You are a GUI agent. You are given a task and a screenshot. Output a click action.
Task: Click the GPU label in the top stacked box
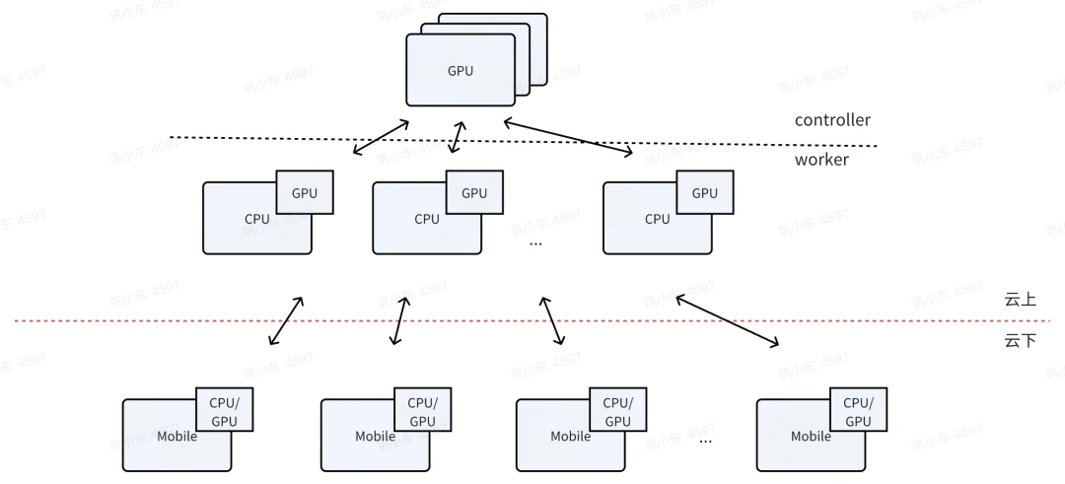[461, 71]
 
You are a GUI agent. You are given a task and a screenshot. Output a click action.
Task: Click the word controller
[832, 120]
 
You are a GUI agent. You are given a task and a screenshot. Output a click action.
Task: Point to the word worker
[821, 159]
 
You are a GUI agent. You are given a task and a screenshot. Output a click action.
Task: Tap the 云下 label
[1020, 341]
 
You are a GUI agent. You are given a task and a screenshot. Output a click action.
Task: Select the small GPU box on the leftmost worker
[305, 193]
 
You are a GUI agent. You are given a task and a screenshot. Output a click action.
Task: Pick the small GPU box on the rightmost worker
[704, 193]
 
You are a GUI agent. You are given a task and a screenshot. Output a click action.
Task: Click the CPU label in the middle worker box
[427, 219]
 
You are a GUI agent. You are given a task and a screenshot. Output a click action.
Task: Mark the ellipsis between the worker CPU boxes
[535, 241]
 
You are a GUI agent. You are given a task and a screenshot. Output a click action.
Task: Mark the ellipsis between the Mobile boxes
[705, 440]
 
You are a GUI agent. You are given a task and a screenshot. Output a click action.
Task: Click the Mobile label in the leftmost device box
[177, 436]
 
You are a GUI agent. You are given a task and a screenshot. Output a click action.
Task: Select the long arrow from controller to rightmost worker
[568, 137]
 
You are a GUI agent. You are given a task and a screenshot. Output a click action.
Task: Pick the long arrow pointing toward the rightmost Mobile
[727, 321]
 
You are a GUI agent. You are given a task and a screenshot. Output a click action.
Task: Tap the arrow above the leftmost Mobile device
[286, 320]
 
